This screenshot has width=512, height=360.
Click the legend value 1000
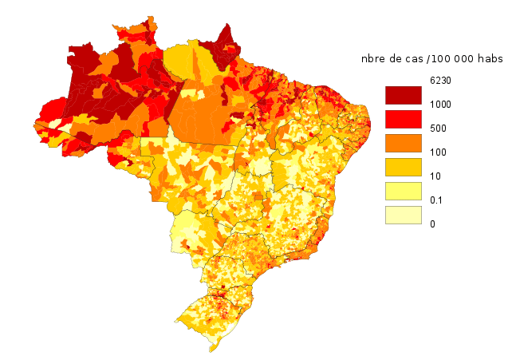pyautogui.click(x=439, y=105)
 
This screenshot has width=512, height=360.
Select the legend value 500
pyautogui.click(x=437, y=129)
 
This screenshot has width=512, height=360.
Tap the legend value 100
pyautogui.click(x=437, y=152)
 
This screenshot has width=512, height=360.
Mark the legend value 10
pyautogui.click(x=435, y=176)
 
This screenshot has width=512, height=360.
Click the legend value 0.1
pyautogui.click(x=435, y=200)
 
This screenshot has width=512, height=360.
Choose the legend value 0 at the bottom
pyautogui.click(x=432, y=224)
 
